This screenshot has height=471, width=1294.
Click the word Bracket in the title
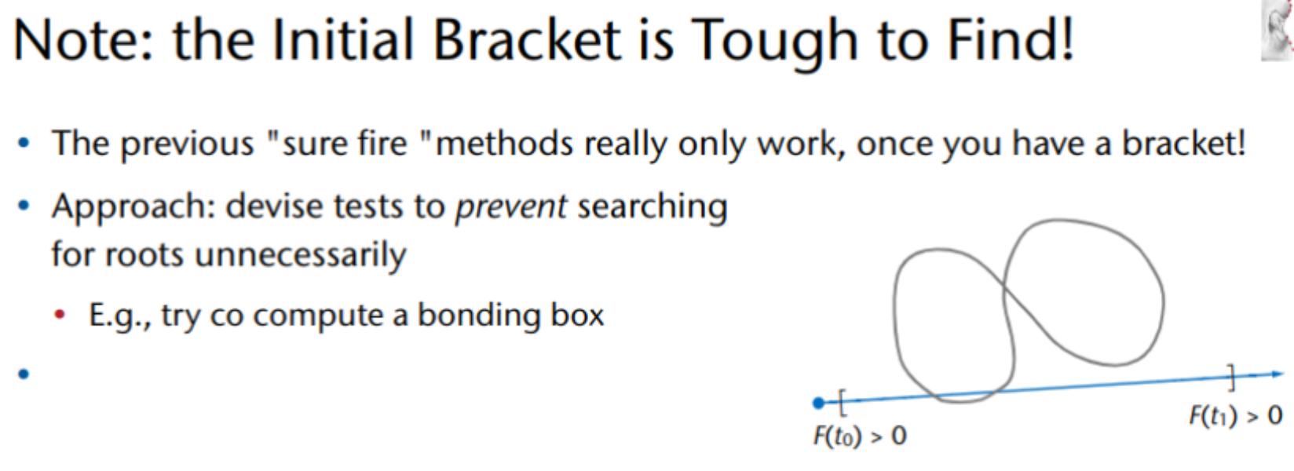[x=527, y=39]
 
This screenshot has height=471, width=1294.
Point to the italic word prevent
[x=511, y=207]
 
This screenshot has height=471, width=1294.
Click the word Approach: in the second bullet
[x=133, y=207]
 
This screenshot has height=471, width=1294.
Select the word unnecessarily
[x=301, y=255]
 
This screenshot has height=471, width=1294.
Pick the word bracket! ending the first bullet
[x=1183, y=143]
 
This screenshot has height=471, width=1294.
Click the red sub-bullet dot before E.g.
[x=60, y=315]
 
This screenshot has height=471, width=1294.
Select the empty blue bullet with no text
[x=24, y=374]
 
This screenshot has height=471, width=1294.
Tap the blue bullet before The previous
[x=24, y=143]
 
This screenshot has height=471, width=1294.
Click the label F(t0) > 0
[x=860, y=436]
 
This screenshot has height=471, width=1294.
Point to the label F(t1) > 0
[x=1236, y=415]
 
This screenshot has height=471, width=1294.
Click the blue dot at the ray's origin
[x=818, y=403]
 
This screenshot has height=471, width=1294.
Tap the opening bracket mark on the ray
[x=843, y=402]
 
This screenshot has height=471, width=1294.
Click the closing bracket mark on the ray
[x=1231, y=378]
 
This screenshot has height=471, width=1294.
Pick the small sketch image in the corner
[x=1278, y=30]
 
